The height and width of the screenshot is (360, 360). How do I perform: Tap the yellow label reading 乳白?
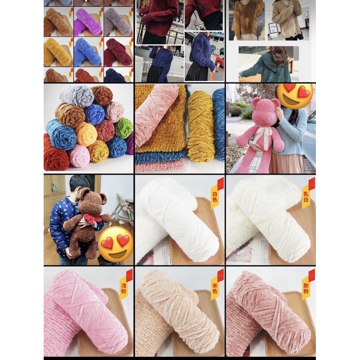point(306,197)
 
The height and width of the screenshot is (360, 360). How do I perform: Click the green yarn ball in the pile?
point(123,128)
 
